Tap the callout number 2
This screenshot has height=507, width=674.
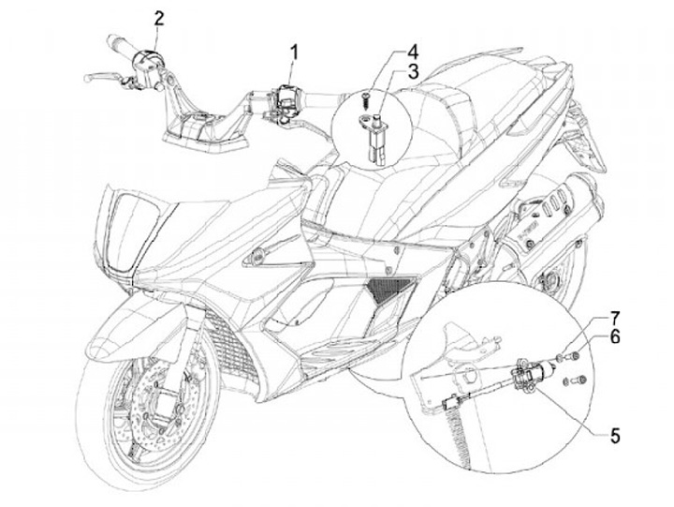pyautogui.click(x=159, y=18)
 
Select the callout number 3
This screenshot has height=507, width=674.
pyautogui.click(x=412, y=73)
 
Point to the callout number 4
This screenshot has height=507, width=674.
pyautogui.click(x=412, y=51)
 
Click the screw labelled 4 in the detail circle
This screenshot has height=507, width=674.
pyautogui.click(x=368, y=97)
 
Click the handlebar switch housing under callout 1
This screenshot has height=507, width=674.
pyautogui.click(x=284, y=97)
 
